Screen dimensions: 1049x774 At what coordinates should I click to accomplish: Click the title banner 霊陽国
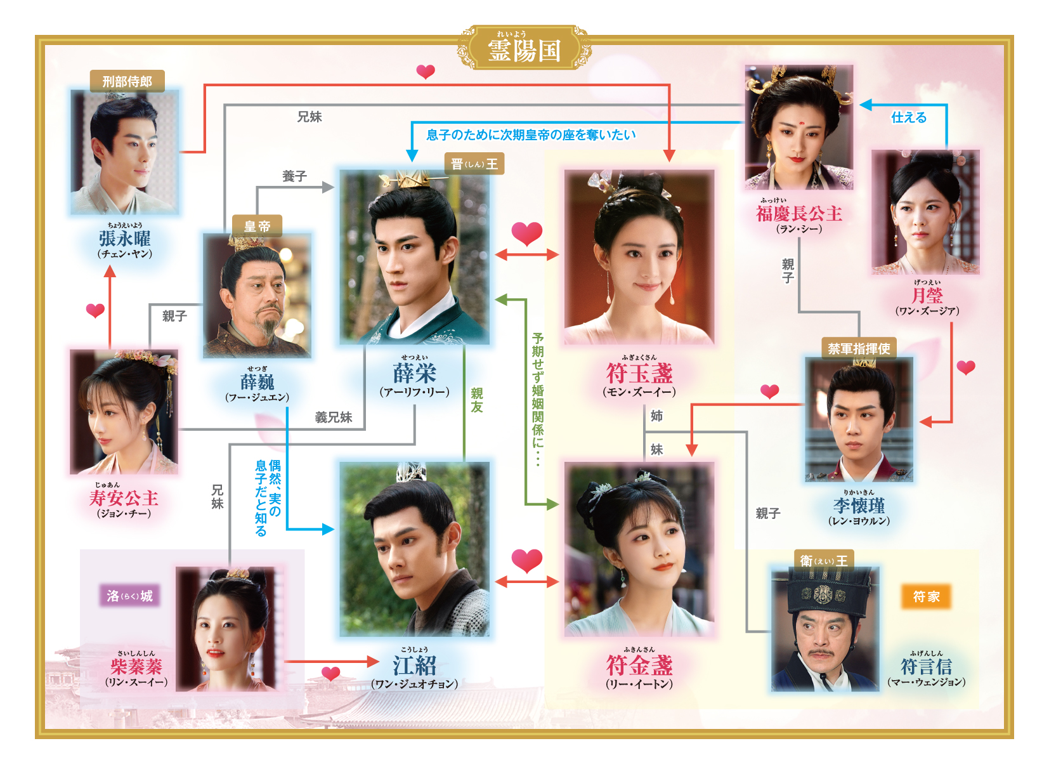524,49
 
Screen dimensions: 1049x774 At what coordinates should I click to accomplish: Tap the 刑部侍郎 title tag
127,81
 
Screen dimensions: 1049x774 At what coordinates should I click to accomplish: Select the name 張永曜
124,239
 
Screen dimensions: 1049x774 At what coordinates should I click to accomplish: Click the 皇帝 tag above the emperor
257,226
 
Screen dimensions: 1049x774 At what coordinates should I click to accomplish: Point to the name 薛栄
414,373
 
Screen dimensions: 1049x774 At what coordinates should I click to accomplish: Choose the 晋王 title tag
474,164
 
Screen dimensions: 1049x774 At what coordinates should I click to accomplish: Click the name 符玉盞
639,373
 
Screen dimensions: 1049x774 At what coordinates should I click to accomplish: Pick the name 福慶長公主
798,214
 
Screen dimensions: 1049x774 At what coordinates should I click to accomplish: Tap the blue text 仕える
908,117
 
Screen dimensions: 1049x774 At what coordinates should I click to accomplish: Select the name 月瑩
927,296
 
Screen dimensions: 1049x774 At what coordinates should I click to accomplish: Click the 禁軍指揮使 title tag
859,348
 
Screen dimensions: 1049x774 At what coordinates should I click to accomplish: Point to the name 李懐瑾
859,506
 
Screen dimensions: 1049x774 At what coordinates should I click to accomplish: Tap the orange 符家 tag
926,596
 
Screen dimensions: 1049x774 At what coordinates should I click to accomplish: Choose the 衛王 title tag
823,561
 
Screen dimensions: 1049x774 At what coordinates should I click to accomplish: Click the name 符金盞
639,666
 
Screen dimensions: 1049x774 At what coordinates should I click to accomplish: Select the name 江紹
414,666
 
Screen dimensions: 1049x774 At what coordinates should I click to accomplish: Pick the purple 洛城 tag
129,596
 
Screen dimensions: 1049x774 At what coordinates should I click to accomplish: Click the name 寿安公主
124,498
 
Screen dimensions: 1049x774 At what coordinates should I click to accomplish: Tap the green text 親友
477,400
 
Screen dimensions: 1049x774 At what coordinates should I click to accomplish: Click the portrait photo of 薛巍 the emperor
257,296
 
